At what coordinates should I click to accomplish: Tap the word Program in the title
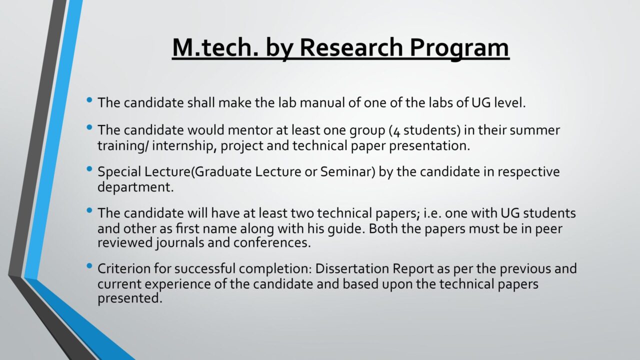(x=459, y=49)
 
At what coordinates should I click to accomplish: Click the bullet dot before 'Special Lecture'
(x=89, y=169)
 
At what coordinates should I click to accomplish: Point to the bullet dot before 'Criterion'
(x=89, y=266)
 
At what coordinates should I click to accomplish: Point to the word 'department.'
(x=135, y=187)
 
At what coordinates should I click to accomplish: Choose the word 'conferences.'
(x=272, y=243)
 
